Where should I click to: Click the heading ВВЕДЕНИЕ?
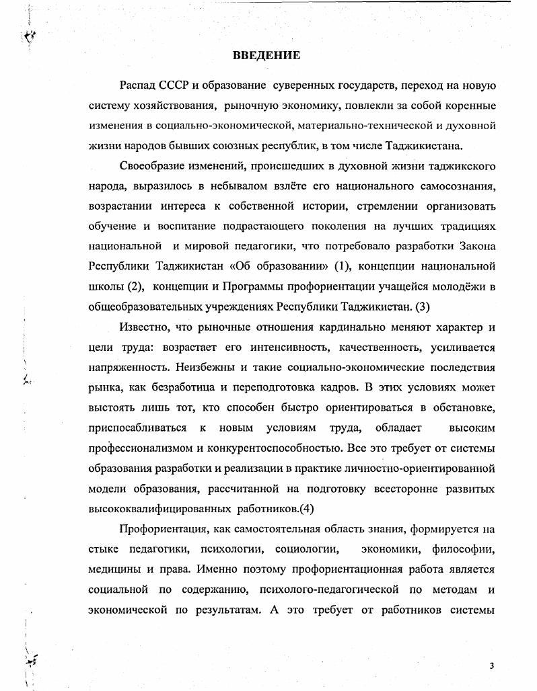point(266,55)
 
